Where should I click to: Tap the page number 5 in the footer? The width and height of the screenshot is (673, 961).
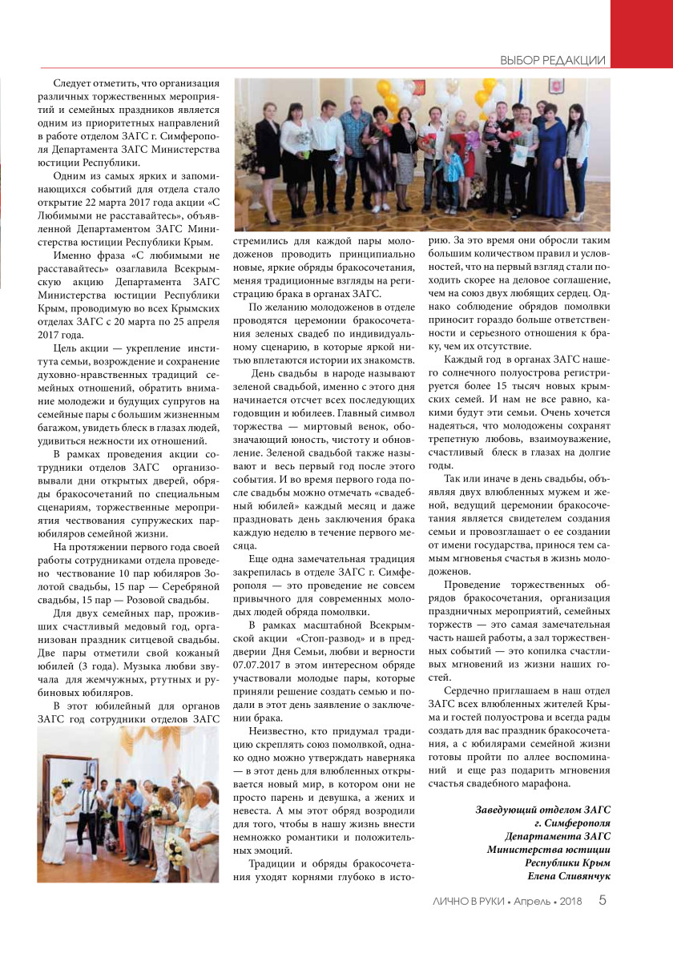pyautogui.click(x=602, y=901)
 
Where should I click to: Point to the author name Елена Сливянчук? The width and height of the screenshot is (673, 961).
pyautogui.click(x=565, y=877)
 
